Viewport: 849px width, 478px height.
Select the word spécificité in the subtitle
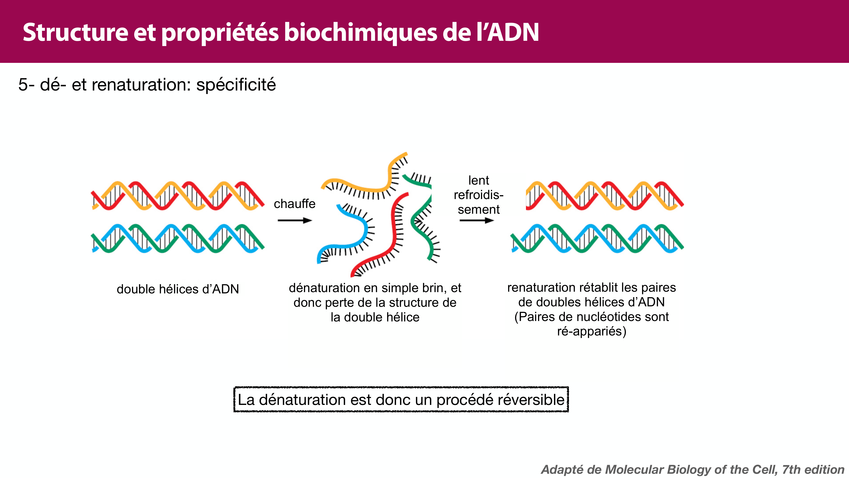236,85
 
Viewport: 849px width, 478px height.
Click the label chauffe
294,204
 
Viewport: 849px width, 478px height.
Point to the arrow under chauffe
294,220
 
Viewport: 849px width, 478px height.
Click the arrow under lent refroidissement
477,220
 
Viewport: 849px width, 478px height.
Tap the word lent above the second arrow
479,180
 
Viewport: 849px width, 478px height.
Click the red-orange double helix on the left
178,196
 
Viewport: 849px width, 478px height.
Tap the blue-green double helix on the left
178,239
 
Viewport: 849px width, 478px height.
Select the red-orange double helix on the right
605,196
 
